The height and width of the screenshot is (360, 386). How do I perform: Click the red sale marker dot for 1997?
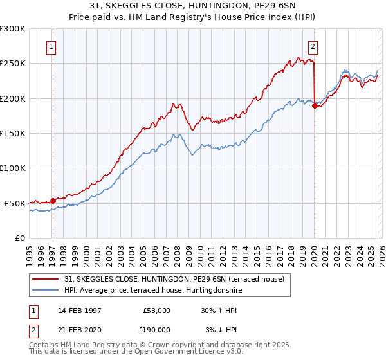pos(53,201)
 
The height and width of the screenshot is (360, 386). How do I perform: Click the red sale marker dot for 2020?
pos(315,106)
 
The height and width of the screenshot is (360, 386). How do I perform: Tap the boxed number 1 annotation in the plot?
pos(51,46)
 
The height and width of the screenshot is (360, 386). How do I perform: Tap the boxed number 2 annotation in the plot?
pos(313,46)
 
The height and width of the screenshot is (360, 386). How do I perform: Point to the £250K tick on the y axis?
pos(13,64)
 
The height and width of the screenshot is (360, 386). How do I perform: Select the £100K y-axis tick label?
pos(13,168)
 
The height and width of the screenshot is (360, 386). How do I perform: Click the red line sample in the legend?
pos(46,278)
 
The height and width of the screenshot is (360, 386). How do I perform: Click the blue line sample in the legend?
pos(46,289)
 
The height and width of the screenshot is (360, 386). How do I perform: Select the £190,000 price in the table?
pos(156,329)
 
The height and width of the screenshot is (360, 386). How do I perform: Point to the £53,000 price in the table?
pos(156,310)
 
